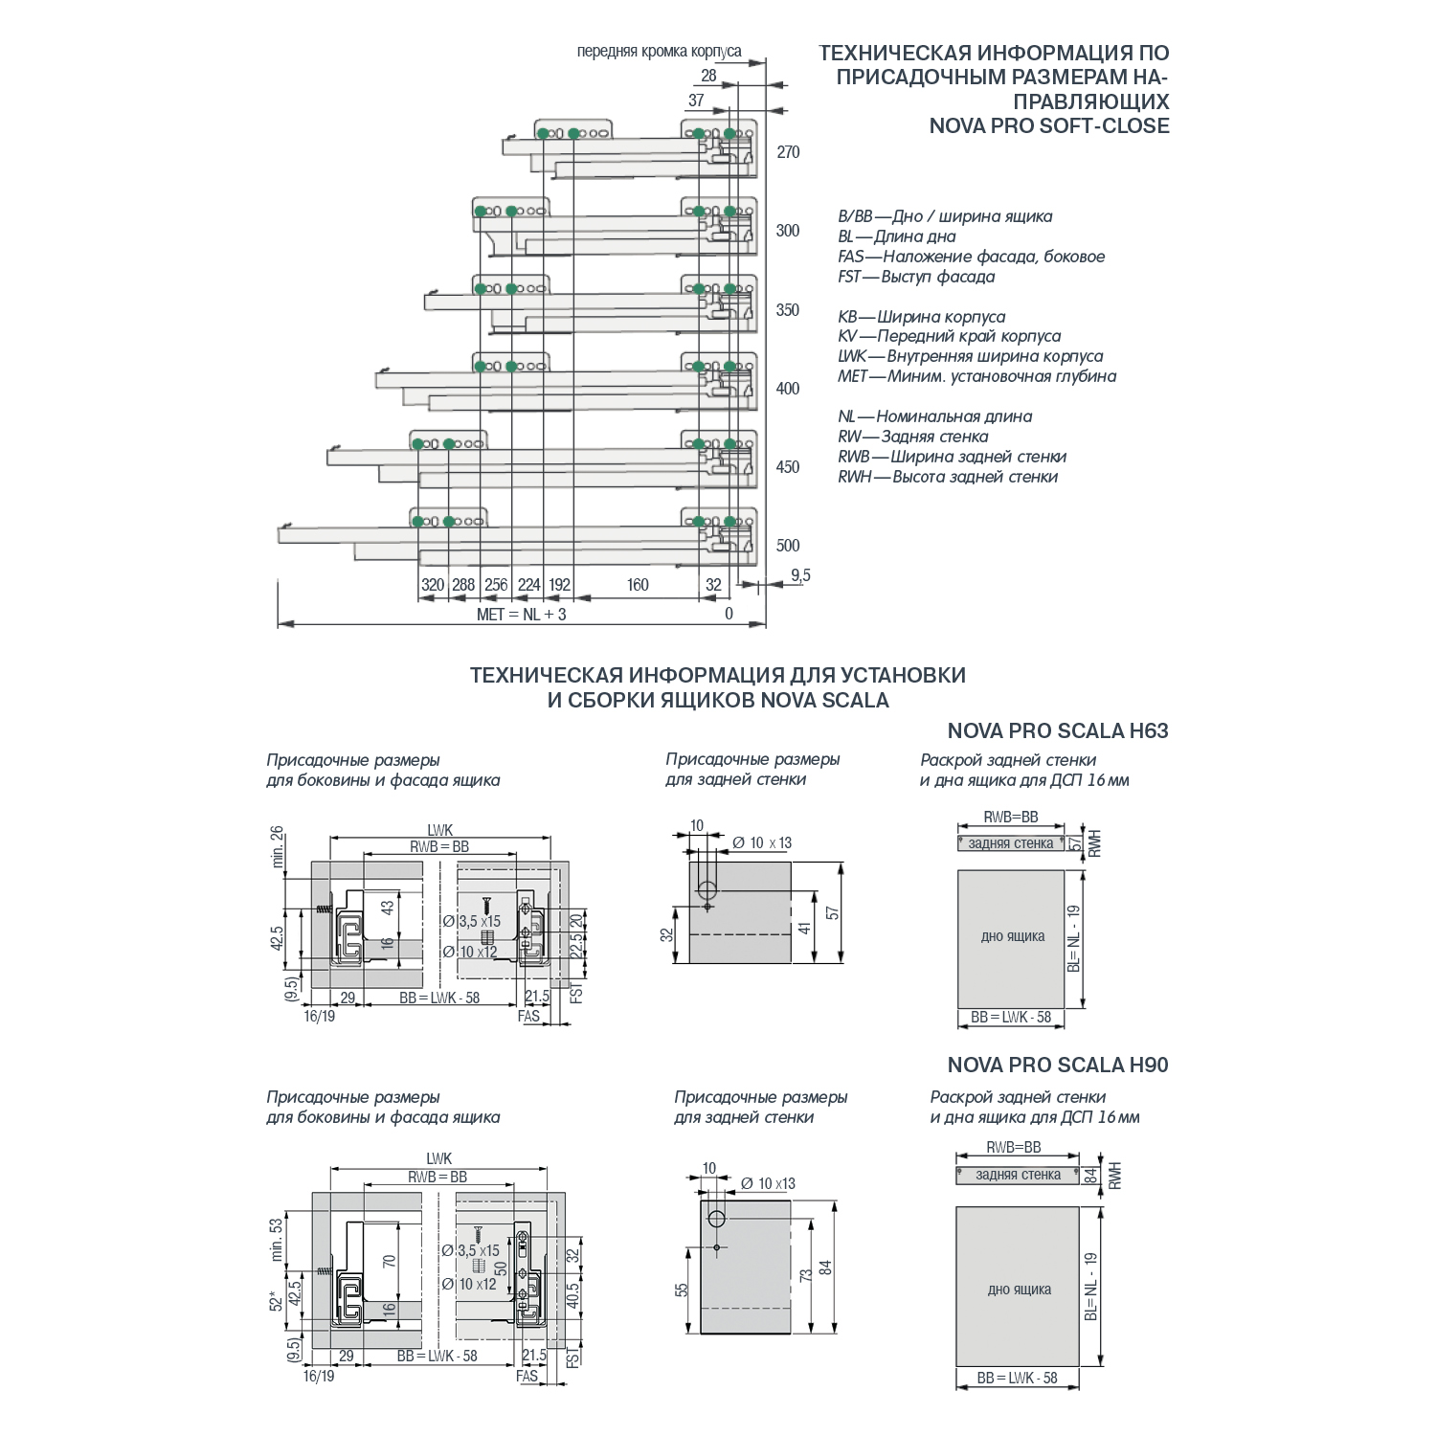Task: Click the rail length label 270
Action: tap(788, 152)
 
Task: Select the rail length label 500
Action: tap(788, 546)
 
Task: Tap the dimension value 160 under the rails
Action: tap(638, 585)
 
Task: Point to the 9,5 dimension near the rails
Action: tap(800, 575)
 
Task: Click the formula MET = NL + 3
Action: tap(521, 615)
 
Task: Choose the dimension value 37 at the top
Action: tap(696, 101)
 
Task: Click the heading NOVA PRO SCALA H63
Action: tap(1057, 731)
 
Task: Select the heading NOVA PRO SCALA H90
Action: tap(1057, 1066)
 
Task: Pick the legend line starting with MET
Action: tap(976, 376)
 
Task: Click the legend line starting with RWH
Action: tap(947, 477)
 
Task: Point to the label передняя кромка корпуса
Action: tap(659, 52)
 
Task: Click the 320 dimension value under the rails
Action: tap(433, 585)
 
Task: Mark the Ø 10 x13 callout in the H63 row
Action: tap(762, 843)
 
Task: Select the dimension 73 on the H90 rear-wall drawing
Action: tap(806, 1275)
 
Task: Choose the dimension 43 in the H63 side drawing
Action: tap(388, 906)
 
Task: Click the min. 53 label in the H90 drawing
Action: tap(277, 1240)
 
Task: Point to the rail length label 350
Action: tap(788, 310)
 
